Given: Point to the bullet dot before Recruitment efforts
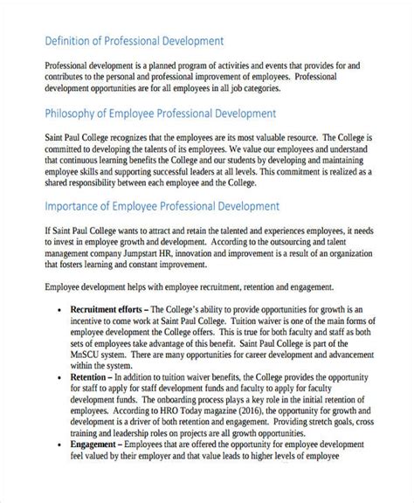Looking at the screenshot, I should (59, 310).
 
